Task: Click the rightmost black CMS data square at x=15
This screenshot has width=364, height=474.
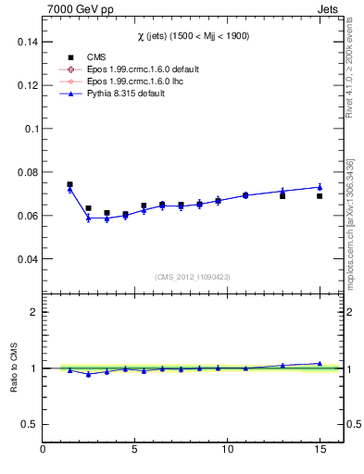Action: click(320, 196)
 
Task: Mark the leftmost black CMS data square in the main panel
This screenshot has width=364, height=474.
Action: click(69, 184)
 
